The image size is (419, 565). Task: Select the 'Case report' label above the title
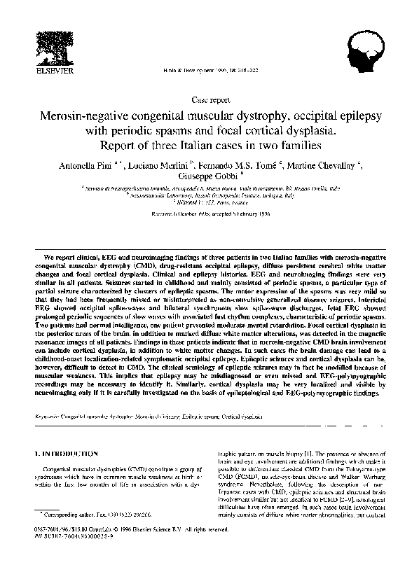tap(209, 100)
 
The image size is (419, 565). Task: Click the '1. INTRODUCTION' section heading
tap(67, 453)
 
